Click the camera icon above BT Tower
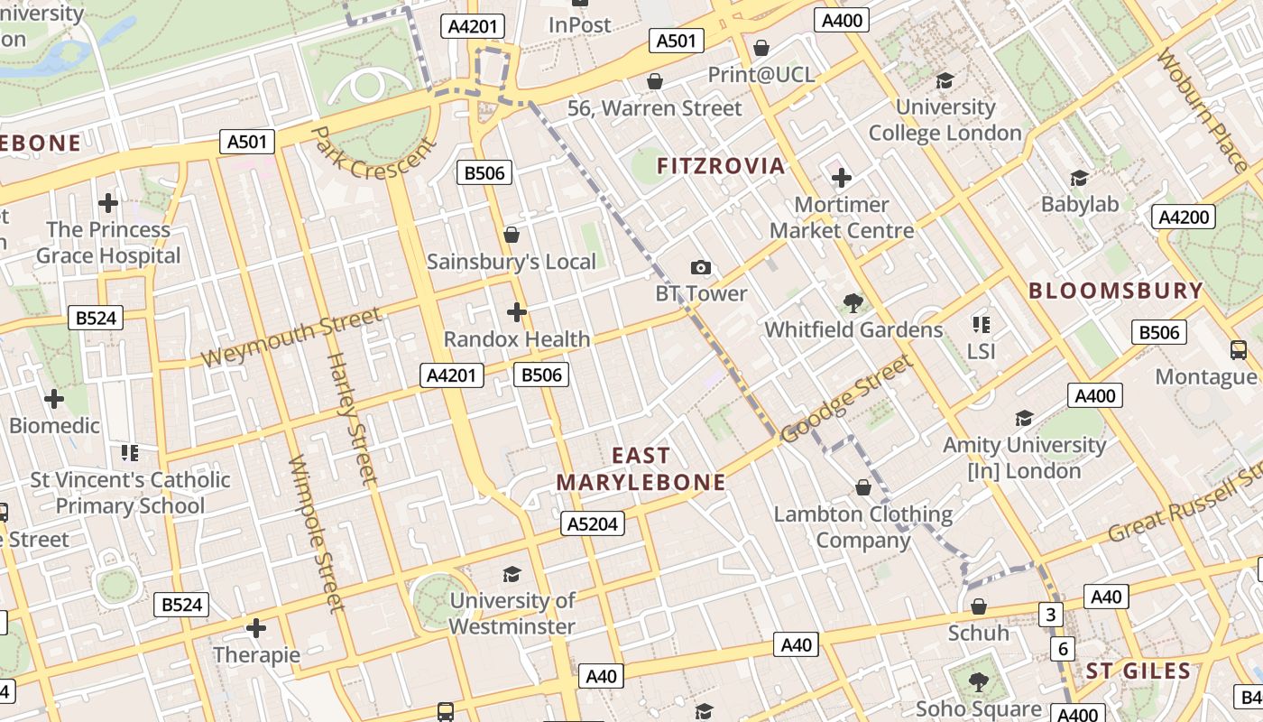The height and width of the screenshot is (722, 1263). point(700,267)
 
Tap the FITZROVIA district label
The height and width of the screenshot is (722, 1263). point(720,166)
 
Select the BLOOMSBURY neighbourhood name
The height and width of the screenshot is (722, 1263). point(1116,291)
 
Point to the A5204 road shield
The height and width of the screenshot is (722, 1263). point(593,523)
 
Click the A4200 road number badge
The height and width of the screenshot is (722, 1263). point(1184,217)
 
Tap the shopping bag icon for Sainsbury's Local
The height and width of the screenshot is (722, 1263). point(512,235)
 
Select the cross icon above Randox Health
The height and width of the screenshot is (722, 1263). point(516,312)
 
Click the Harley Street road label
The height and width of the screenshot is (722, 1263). point(349,417)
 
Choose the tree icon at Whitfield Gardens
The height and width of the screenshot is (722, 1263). point(853,303)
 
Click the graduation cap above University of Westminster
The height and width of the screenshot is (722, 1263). point(512,574)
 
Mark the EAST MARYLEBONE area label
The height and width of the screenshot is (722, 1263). point(641,469)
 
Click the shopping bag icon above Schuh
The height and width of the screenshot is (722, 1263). point(978,606)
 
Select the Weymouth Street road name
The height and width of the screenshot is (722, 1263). point(290,338)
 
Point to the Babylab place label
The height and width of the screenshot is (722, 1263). point(1080,204)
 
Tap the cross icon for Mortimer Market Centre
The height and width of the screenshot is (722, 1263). point(841,178)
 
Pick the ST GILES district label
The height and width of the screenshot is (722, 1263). point(1138,671)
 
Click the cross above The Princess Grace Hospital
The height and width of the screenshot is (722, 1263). point(108,203)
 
